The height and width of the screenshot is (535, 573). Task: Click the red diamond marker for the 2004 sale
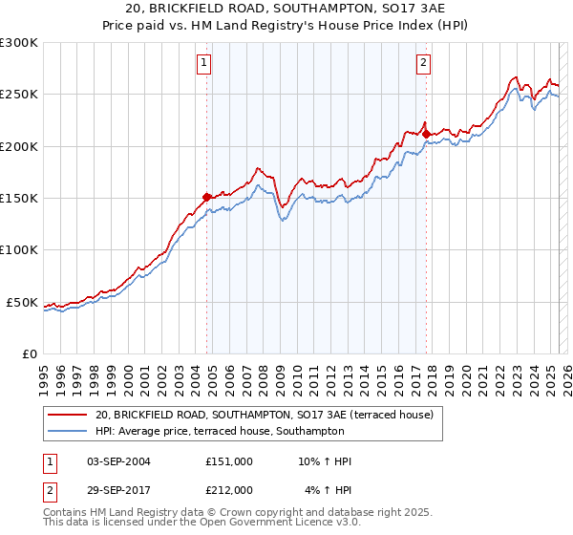click(x=206, y=197)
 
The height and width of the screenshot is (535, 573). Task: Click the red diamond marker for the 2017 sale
click(x=426, y=134)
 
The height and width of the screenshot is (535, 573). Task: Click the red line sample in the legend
click(x=68, y=416)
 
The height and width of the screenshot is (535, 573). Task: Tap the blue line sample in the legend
click(x=68, y=432)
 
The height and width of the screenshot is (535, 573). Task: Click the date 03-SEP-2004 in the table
click(x=118, y=461)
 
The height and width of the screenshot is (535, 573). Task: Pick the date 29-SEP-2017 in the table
click(x=118, y=490)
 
